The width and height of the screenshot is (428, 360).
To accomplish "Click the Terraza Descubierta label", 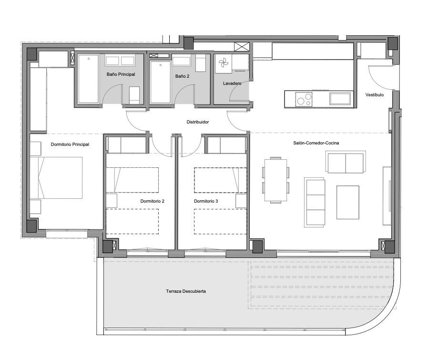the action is [x=186, y=291].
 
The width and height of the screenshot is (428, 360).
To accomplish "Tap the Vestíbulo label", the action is [x=375, y=95].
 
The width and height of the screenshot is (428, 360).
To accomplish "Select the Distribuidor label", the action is [x=198, y=122].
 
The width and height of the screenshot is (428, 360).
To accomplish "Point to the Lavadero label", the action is [x=232, y=83].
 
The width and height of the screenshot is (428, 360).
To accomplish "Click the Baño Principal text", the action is [x=121, y=74].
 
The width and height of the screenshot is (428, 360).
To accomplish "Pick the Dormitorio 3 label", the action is [x=206, y=201].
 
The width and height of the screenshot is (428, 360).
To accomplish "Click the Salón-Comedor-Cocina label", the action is [x=316, y=143].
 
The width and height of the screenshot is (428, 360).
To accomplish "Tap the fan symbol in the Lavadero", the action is [x=224, y=63].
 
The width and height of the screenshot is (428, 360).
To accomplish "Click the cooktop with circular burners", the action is [x=304, y=99].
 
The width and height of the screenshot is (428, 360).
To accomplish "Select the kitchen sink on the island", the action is [x=340, y=99].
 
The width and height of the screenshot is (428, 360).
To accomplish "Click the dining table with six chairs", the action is [x=275, y=180].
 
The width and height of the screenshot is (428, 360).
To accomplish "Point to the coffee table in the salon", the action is [x=348, y=202].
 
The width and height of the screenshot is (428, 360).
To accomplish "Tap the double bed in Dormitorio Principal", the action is [x=56, y=177].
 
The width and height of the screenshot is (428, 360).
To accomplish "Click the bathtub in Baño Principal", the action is [x=88, y=79].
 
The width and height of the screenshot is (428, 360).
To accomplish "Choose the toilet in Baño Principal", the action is [x=134, y=95].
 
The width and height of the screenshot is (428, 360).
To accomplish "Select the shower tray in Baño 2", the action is [x=160, y=82].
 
